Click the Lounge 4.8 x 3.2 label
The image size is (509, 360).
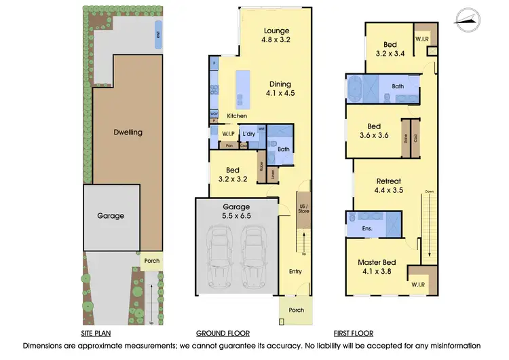276,35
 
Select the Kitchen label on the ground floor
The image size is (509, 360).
237,116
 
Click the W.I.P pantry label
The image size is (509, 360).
228,134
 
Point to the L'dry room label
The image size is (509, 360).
249,134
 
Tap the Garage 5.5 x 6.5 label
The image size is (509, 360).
236,211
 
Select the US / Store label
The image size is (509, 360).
303,209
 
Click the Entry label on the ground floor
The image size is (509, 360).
295,272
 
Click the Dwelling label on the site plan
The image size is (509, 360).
128,132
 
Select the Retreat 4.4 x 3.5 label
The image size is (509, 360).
390,186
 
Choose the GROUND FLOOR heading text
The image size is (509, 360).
223,334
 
